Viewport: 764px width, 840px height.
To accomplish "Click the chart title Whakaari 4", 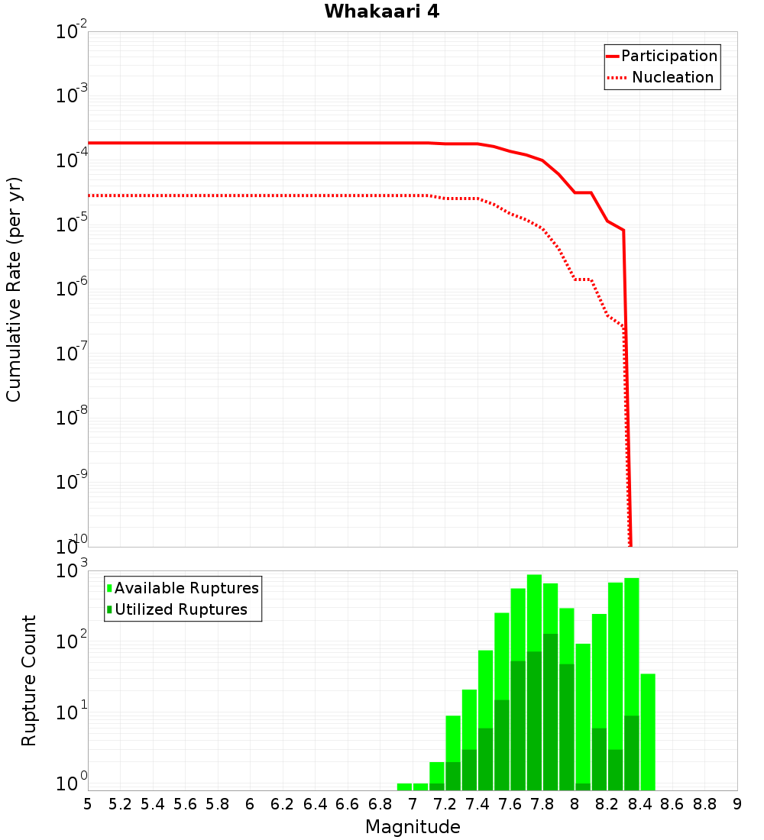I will click(381, 12).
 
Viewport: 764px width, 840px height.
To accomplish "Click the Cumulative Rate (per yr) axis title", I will click(14, 289).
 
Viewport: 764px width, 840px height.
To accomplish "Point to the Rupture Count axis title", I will click(29, 680).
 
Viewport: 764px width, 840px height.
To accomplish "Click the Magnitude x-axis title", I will click(413, 827).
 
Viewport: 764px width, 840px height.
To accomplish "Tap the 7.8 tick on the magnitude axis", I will click(542, 804).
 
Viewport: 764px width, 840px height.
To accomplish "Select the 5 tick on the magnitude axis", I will click(88, 804).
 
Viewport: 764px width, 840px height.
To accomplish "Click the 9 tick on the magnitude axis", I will click(737, 804).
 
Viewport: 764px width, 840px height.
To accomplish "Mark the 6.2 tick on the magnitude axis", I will click(283, 804).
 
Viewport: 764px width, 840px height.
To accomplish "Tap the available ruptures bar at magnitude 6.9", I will click(404, 787).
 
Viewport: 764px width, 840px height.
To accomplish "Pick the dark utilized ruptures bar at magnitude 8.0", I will click(583, 787).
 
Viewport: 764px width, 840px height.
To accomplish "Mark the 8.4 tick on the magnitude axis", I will click(639, 804).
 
